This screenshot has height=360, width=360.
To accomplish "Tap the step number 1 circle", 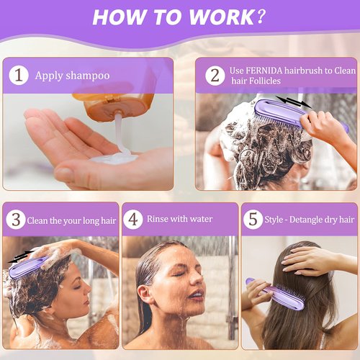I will click(18, 75).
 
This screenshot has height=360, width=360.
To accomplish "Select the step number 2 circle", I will click(213, 75).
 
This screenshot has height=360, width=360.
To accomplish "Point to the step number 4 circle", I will click(133, 219).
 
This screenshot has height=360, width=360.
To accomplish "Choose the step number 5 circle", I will click(253, 219).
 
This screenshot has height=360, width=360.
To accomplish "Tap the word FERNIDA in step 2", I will click(264, 71).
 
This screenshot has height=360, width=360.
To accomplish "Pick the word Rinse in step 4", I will click(158, 218).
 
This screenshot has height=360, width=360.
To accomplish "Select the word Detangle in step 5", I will click(312, 218).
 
